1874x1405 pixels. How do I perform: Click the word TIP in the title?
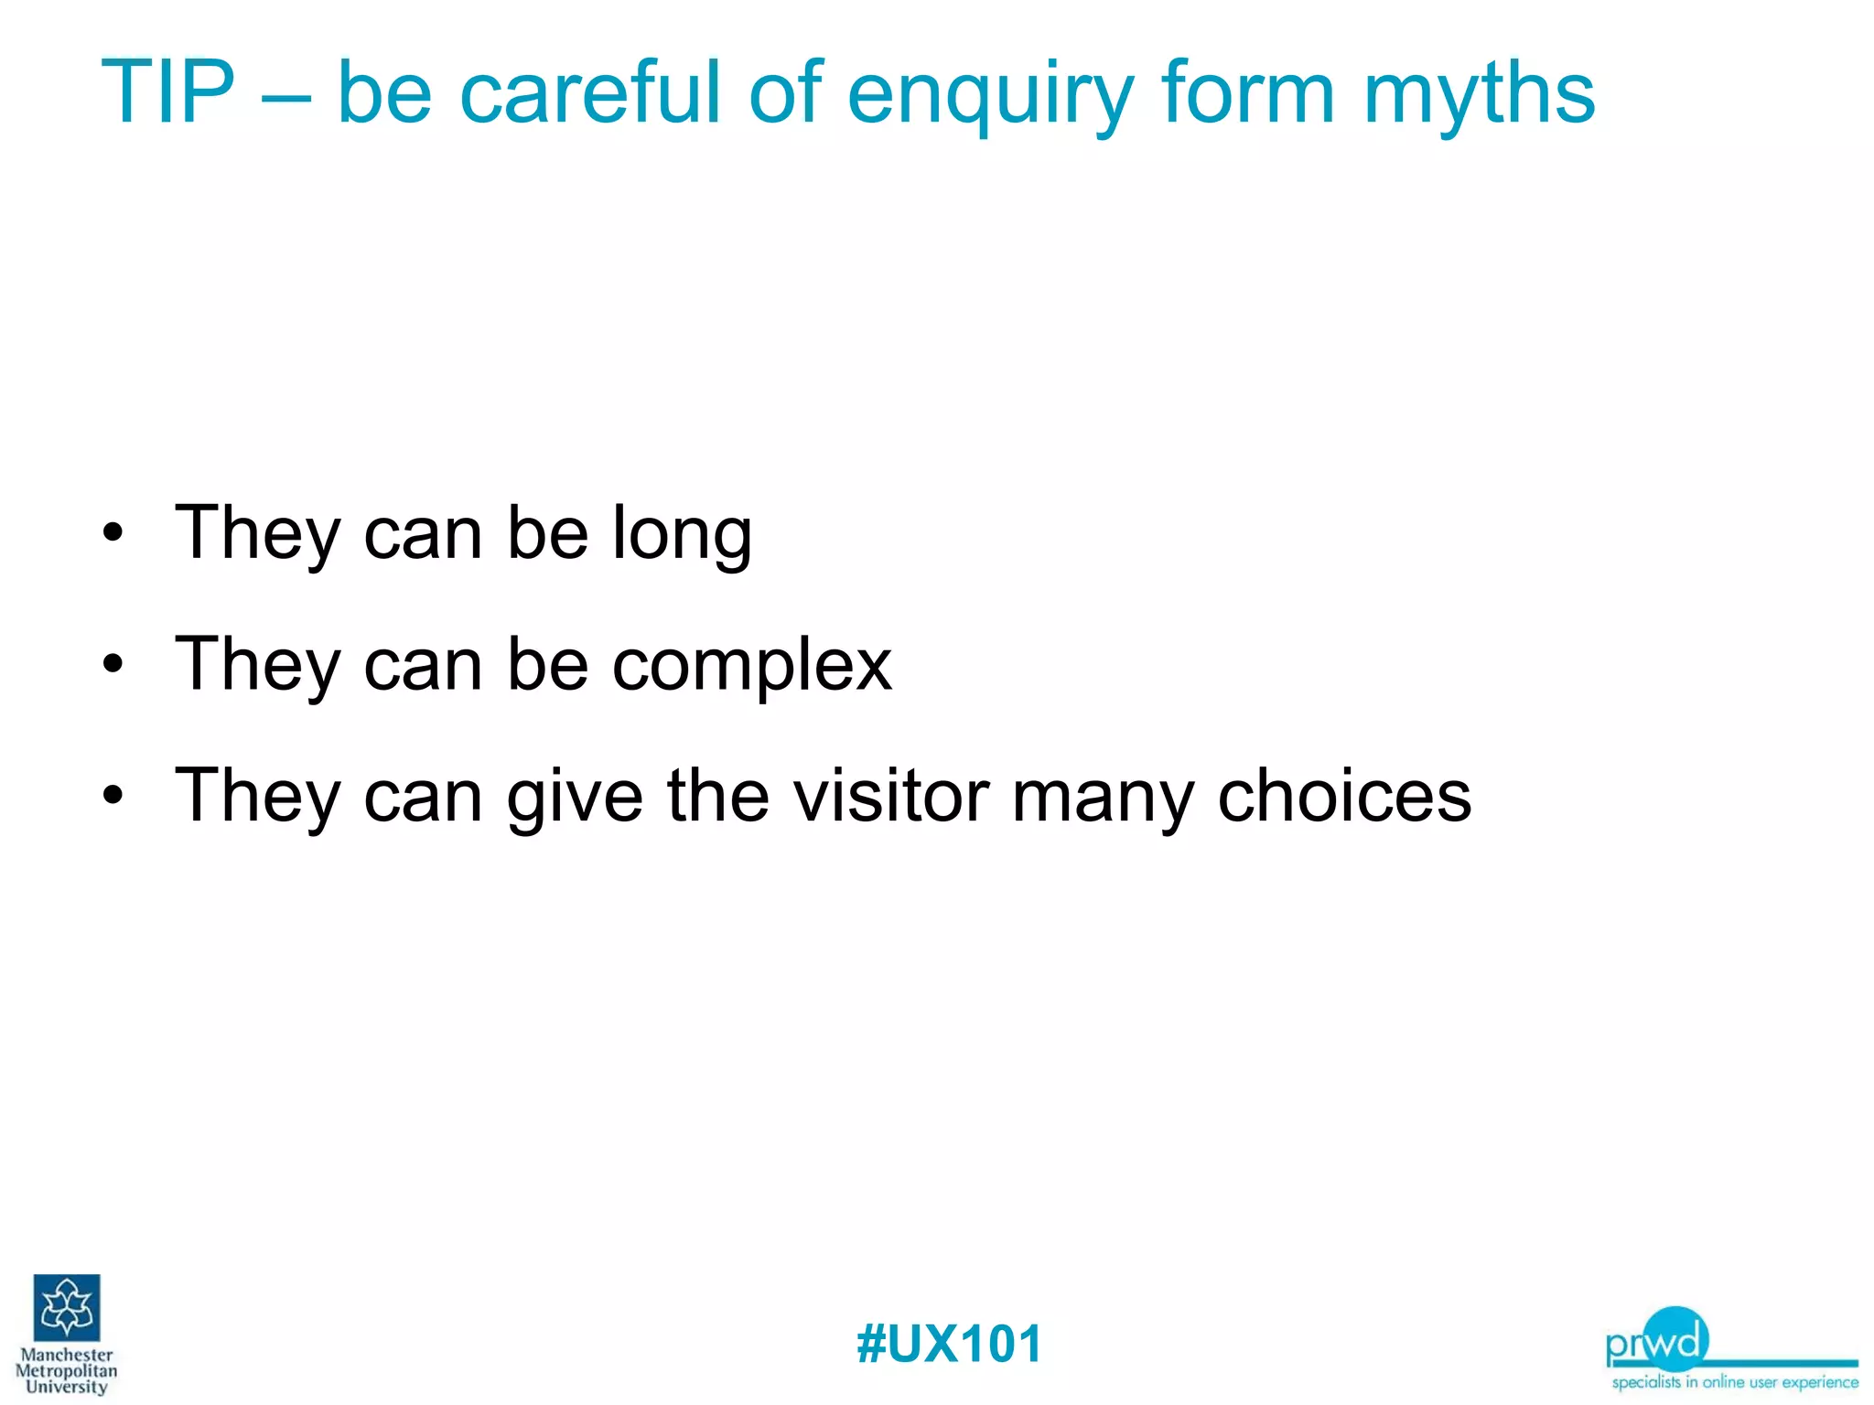167,92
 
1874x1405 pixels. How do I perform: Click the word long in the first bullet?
682,535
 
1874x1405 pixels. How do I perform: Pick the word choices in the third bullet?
1344,795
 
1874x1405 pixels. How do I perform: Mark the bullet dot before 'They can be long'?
113,533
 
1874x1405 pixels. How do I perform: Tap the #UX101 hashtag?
949,1344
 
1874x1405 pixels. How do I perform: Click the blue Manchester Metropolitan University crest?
67,1307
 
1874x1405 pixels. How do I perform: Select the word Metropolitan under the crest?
66,1371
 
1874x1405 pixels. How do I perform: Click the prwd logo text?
1656,1342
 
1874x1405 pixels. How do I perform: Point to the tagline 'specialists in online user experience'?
1735,1382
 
